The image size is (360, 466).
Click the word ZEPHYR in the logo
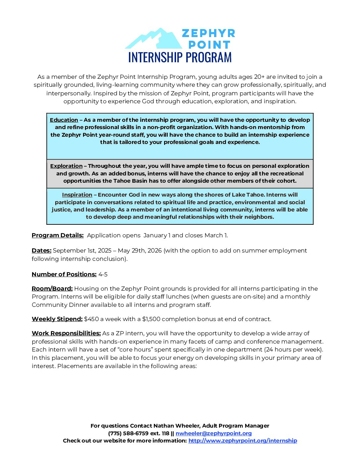point(208,33)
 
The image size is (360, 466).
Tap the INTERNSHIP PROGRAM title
point(180,57)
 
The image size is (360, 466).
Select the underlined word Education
point(64,120)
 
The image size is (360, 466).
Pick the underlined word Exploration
point(66,166)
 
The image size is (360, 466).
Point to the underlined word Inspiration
point(77,195)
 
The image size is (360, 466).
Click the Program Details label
point(58,235)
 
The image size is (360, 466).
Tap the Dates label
point(41,251)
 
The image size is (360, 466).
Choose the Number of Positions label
point(64,274)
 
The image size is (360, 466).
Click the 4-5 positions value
point(103,274)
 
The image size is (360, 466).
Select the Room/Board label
point(52,289)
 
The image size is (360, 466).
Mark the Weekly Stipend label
point(57,319)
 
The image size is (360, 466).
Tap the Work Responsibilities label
point(66,333)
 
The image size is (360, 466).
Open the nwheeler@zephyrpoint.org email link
point(213,433)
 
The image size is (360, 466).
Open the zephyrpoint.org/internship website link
point(243,441)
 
